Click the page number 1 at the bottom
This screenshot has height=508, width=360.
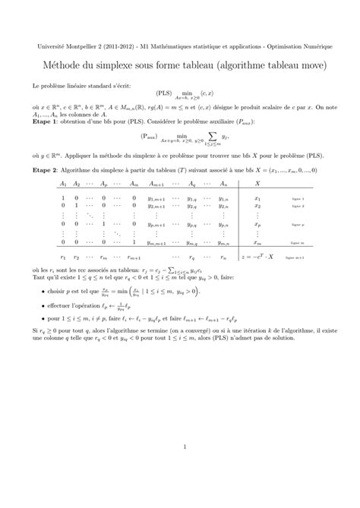[185, 446]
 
